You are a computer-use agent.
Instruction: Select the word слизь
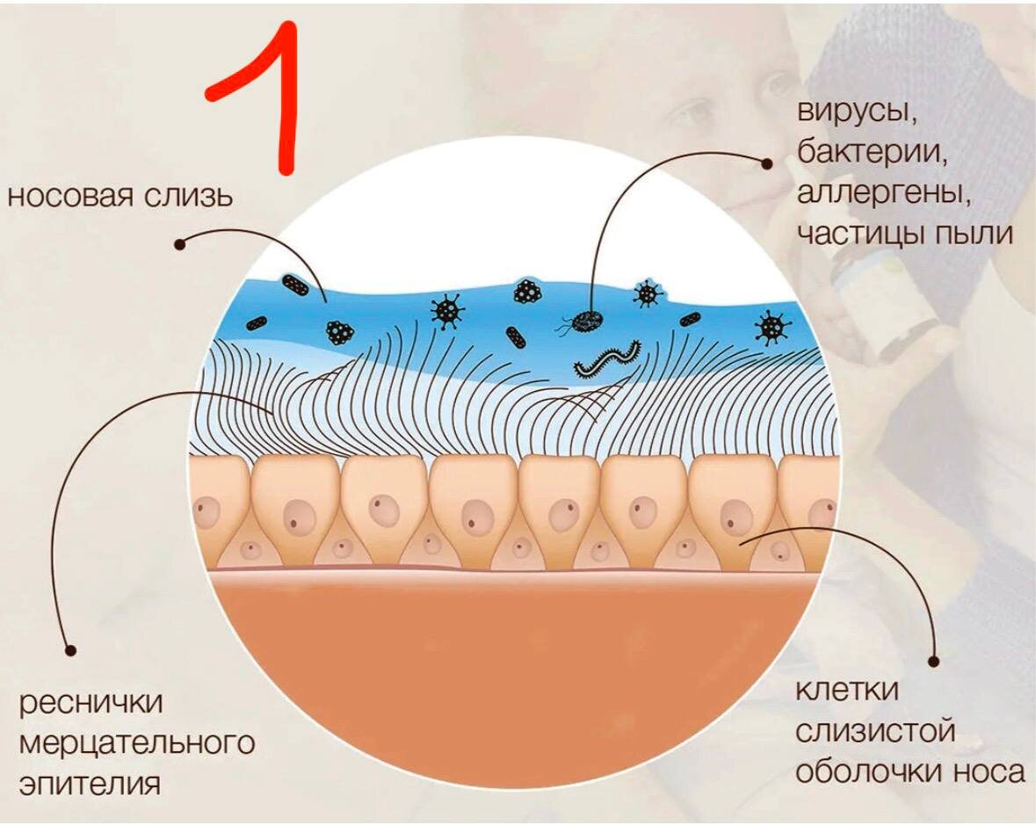[x=195, y=195]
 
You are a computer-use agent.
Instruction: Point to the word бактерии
[x=872, y=156]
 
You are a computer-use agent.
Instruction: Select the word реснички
[x=93, y=703]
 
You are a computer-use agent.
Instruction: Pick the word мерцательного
[x=136, y=743]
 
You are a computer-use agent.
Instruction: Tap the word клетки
[x=847, y=691]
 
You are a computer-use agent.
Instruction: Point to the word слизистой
[x=875, y=731]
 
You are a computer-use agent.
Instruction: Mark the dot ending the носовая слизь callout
[x=179, y=244]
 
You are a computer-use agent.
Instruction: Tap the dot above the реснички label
[x=71, y=651]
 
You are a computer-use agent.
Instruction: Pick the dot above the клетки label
[x=933, y=658]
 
